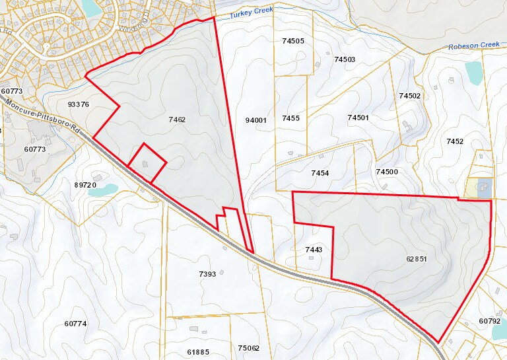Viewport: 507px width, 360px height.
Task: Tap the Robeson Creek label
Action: coord(473,46)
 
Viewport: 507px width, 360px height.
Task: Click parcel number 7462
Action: coord(177,120)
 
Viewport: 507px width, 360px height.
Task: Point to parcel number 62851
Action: coord(417,259)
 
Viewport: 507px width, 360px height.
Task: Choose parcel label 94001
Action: coord(255,120)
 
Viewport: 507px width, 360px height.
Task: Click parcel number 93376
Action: coord(78,104)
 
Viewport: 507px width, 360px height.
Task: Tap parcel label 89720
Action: coord(85,185)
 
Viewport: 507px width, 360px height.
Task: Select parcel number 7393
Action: coord(207,273)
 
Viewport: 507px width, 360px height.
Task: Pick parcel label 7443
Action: coord(314,250)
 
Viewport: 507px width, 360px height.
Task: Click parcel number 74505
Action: coord(292,41)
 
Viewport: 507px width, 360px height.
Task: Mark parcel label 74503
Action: coord(345,59)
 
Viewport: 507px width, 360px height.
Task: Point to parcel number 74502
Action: coord(409,96)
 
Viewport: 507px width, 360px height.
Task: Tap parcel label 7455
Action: coord(290,118)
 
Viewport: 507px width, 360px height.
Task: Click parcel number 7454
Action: coord(320,172)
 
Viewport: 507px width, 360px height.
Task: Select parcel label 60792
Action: coord(490,321)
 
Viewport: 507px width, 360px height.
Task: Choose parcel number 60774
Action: coord(75,324)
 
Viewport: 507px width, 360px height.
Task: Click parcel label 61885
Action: coord(197,351)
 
